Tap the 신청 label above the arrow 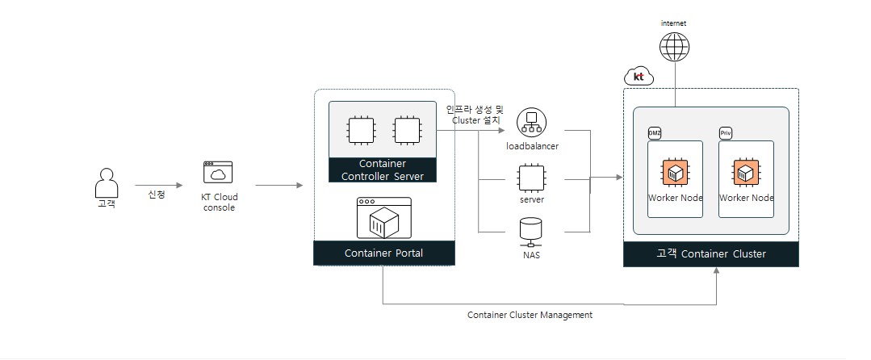click(x=157, y=195)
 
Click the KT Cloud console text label click(x=219, y=202)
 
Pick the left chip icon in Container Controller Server click(x=360, y=130)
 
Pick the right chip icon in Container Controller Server click(x=407, y=130)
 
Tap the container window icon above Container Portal click(x=384, y=218)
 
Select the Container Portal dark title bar click(x=383, y=253)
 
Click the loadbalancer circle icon click(x=531, y=123)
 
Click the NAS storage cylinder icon click(x=531, y=231)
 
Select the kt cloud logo click(x=639, y=77)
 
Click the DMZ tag click(x=655, y=132)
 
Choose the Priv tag click(x=725, y=132)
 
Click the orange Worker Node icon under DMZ click(x=675, y=172)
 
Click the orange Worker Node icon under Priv click(x=745, y=172)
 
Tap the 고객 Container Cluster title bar click(x=710, y=254)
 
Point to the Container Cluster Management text click(x=530, y=315)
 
